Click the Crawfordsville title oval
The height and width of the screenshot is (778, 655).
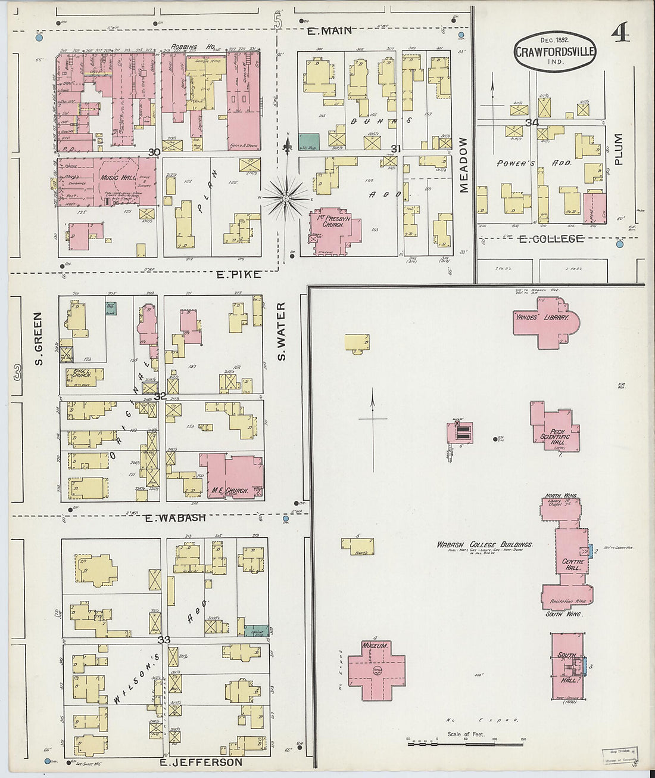[554, 51]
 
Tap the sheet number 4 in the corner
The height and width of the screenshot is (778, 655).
[620, 35]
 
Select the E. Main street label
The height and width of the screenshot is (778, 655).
[329, 30]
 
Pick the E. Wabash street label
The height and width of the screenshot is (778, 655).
[176, 517]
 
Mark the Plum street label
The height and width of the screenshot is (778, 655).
[617, 149]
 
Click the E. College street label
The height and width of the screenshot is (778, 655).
[551, 239]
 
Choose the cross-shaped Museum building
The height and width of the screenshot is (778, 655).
[376, 669]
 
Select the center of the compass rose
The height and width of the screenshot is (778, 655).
[286, 197]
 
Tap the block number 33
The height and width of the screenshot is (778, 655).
[164, 640]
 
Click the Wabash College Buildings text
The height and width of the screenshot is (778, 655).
[484, 545]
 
